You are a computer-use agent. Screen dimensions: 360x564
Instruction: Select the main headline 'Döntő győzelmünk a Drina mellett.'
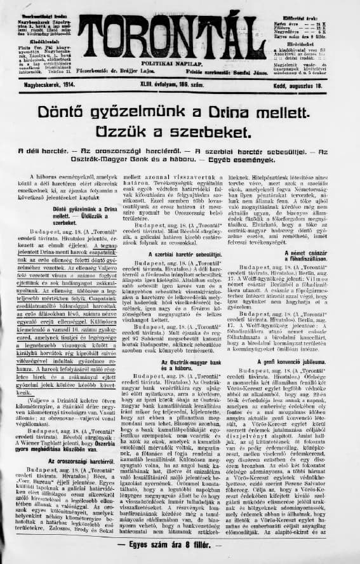179,112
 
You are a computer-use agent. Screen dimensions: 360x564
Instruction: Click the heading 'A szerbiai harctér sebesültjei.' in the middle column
180,253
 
